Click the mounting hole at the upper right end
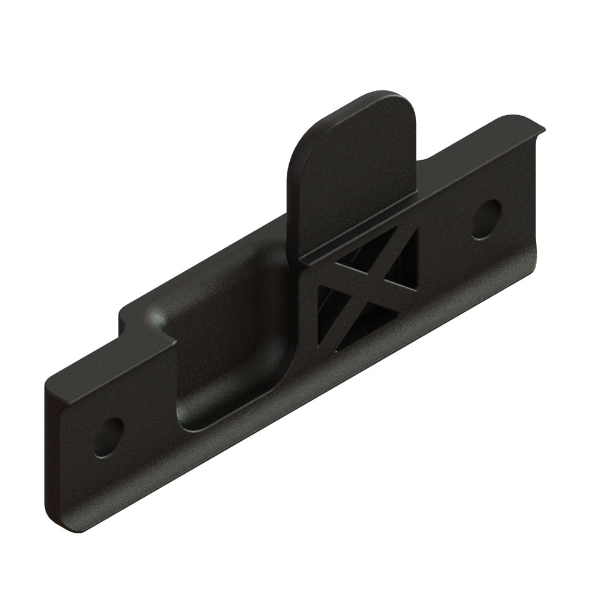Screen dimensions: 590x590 (x=486, y=219)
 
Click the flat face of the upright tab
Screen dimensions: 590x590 (x=353, y=174)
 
